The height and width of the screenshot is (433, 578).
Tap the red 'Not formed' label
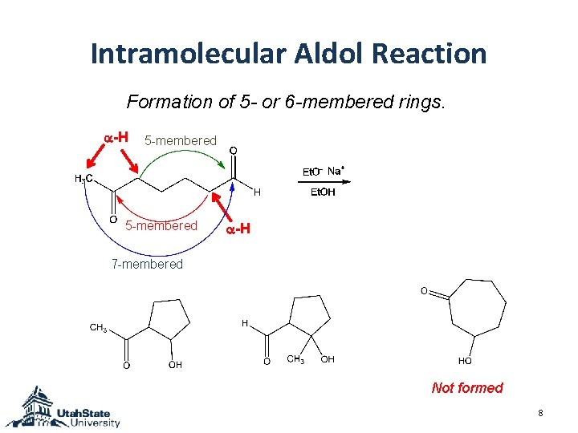(x=467, y=388)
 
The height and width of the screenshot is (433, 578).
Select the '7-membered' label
(x=147, y=264)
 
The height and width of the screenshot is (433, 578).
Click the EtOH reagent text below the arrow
(x=322, y=192)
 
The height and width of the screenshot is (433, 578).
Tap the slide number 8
(x=541, y=413)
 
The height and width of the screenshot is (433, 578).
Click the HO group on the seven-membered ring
(x=465, y=361)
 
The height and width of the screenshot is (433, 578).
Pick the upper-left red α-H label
(x=117, y=137)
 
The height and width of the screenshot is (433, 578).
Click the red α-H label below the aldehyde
(x=238, y=229)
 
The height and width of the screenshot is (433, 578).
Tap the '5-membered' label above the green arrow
(x=180, y=141)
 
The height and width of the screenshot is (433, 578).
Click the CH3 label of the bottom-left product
(x=98, y=327)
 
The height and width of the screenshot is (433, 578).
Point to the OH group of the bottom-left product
(x=175, y=365)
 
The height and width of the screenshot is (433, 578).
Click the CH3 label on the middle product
(x=296, y=359)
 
